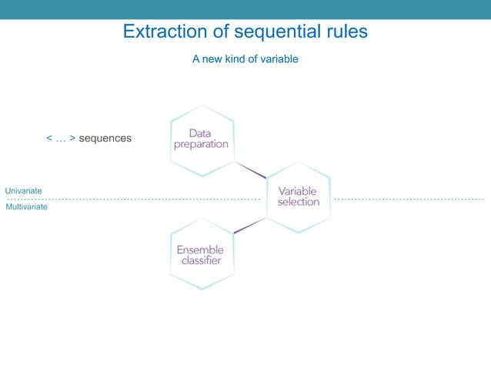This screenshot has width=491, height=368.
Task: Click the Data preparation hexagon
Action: coord(201,139)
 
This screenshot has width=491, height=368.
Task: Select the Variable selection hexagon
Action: coord(298,197)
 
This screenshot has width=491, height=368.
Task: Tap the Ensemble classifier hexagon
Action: coord(201,255)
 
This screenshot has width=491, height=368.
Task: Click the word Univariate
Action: coord(24,190)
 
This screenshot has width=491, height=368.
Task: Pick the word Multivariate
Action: coord(26,207)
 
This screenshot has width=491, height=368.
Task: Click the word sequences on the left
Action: coord(105,139)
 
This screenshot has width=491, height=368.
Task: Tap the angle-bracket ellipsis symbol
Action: coord(61,139)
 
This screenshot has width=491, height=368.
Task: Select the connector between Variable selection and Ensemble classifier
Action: coord(249,226)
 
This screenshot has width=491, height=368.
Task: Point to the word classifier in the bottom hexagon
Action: coord(201,260)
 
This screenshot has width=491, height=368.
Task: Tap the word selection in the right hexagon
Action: coord(298,202)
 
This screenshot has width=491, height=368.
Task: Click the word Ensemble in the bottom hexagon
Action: coord(200,249)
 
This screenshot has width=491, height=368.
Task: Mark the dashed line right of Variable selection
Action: coord(408,199)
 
